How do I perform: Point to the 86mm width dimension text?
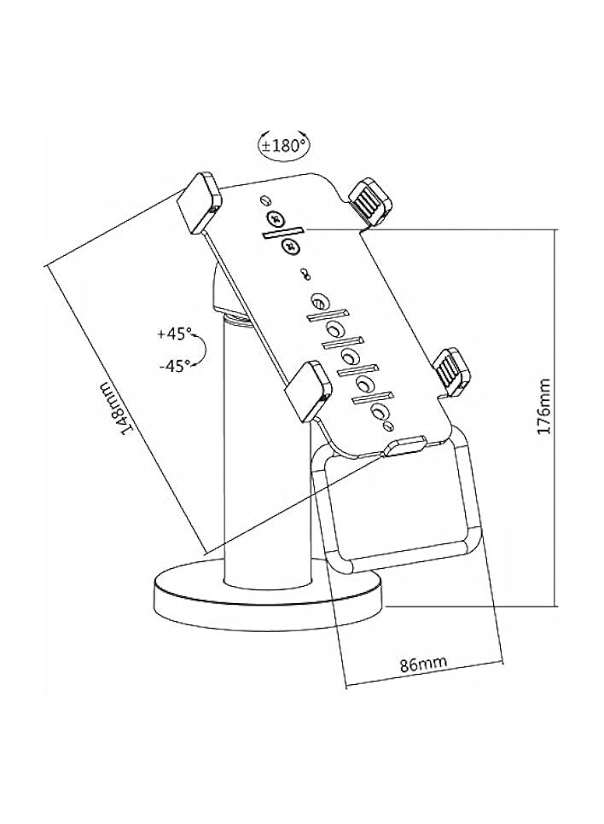[x=423, y=664]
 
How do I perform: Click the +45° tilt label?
[x=175, y=333]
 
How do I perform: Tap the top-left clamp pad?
[x=199, y=201]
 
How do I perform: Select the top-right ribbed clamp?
[x=371, y=202]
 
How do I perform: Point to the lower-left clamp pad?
[x=306, y=390]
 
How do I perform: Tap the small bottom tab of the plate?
[x=404, y=445]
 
